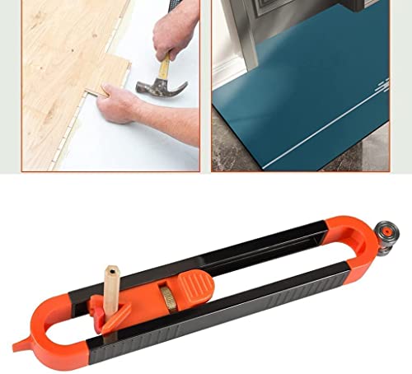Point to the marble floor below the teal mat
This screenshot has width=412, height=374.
(x=247, y=161)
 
